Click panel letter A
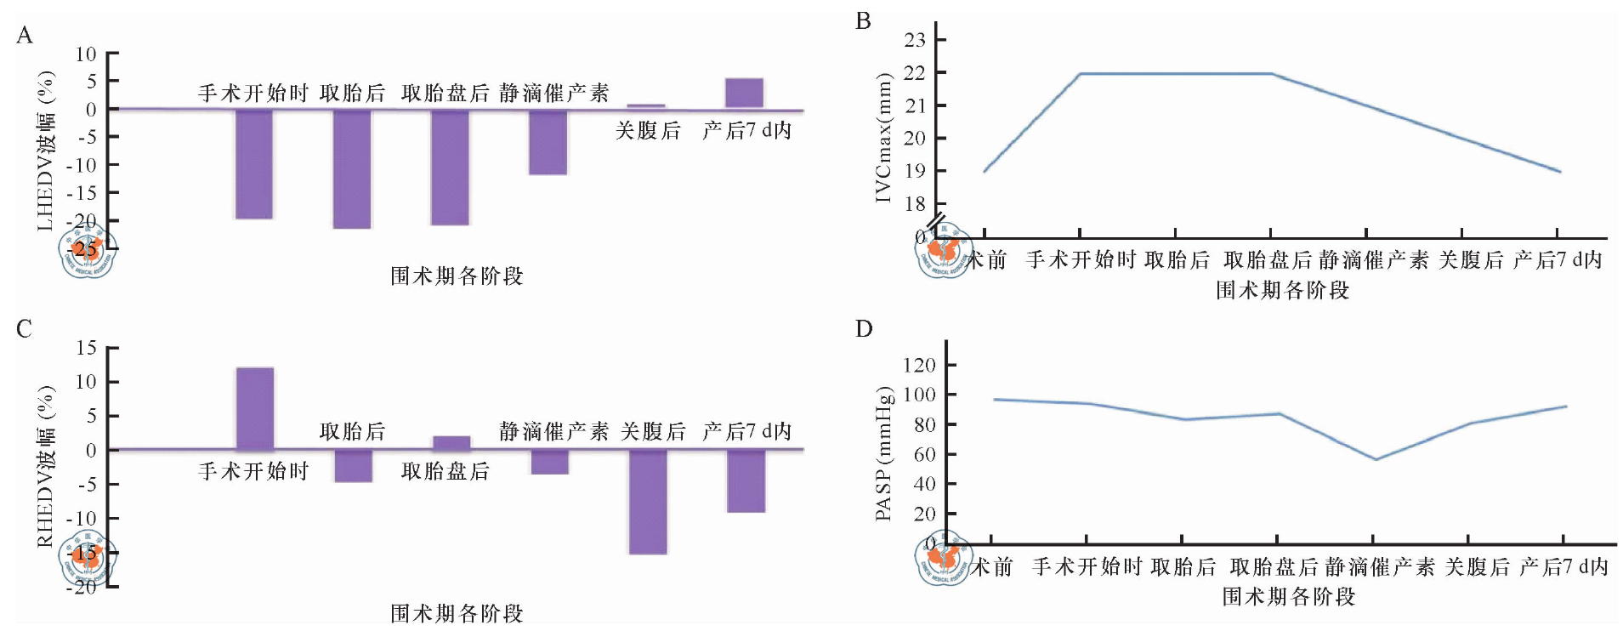(x=24, y=35)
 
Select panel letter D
(x=864, y=328)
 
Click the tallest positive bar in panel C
(x=254, y=408)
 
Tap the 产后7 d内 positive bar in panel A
(x=744, y=93)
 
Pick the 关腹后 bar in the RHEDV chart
(x=648, y=502)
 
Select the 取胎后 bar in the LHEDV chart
(x=352, y=168)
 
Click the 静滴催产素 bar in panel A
(x=548, y=142)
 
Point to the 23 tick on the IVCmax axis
(x=915, y=40)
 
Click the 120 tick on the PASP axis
(x=919, y=366)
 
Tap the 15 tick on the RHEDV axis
(x=86, y=348)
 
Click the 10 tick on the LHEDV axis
(x=86, y=54)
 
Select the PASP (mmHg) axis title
(x=884, y=453)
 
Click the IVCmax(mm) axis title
(x=883, y=138)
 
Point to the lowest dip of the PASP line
(x=1375, y=459)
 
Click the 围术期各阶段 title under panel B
(x=1282, y=290)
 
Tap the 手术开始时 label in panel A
(x=253, y=93)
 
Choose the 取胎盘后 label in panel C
(x=445, y=471)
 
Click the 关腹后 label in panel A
(x=648, y=130)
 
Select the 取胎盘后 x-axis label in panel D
(x=1274, y=566)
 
